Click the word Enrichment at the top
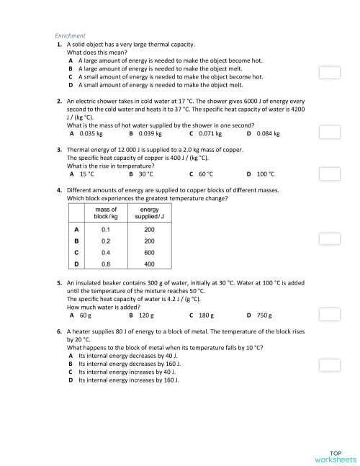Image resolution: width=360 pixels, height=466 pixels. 71,35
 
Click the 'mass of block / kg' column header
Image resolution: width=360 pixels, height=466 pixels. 106,212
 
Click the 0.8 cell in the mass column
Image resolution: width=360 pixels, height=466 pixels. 106,265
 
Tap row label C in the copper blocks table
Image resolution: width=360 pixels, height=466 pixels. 76,253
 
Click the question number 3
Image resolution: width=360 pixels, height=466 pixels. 58,149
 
